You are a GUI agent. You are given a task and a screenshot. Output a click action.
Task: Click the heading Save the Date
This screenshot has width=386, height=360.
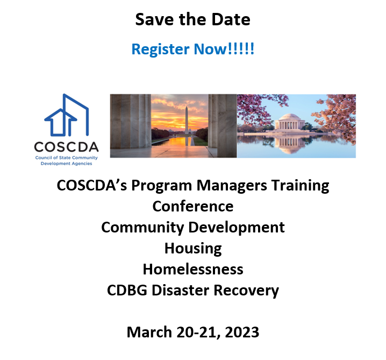coord(192,20)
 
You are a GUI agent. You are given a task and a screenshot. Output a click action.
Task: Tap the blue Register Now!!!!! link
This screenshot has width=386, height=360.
coord(192,50)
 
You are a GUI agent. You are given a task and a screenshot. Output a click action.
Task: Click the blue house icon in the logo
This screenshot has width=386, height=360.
coord(66,117)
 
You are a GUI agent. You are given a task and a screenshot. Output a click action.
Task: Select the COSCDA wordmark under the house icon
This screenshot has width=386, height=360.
coord(66,147)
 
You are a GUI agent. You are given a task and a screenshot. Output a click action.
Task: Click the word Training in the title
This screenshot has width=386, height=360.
coord(299,186)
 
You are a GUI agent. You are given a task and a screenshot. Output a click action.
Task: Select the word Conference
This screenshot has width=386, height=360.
coord(192,206)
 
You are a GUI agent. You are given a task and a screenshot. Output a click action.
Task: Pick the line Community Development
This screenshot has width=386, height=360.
coord(192,227)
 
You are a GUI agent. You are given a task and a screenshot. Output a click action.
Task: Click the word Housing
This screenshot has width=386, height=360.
coord(192,248)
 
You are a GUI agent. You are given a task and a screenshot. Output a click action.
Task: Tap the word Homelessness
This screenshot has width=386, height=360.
coord(192,269)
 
